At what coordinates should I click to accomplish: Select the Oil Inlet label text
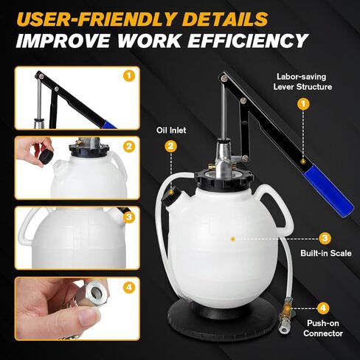(171, 130)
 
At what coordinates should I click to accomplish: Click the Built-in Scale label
(326, 253)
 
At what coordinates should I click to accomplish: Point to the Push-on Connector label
(323, 328)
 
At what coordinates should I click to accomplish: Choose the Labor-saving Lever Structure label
(302, 82)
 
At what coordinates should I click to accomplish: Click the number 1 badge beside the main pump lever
(303, 104)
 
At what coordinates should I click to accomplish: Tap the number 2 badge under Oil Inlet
(171, 146)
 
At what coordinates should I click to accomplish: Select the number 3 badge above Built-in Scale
(325, 238)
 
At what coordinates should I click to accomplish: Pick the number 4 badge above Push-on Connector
(322, 308)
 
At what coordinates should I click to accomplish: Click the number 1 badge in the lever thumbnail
(129, 76)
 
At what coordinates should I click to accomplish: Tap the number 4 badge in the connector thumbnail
(129, 287)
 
